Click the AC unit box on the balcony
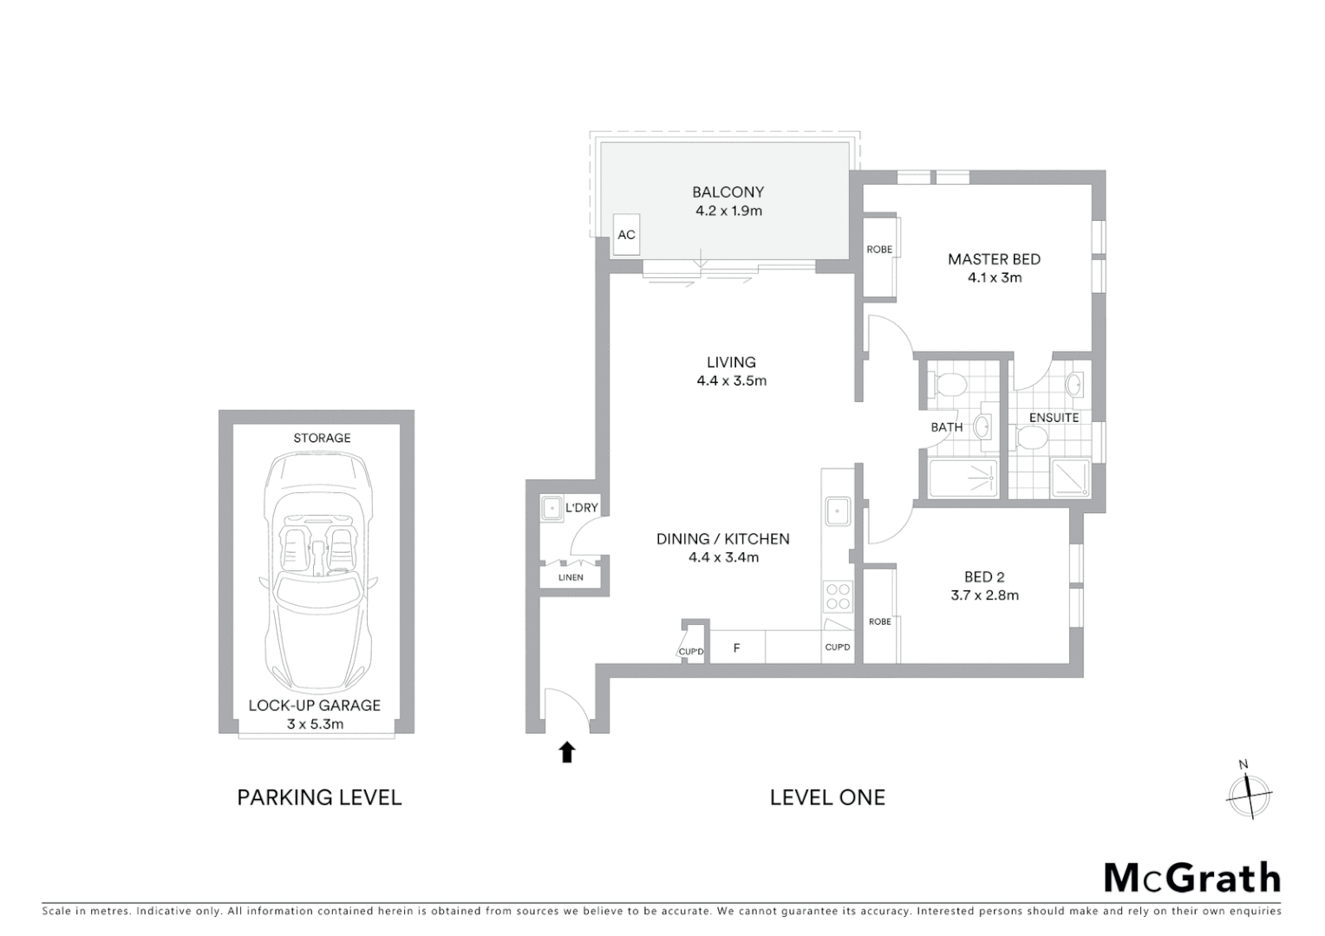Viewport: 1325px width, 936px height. point(626,235)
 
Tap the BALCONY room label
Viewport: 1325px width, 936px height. point(728,192)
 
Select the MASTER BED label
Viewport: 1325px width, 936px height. point(994,259)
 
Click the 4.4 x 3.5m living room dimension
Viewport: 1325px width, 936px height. point(731,380)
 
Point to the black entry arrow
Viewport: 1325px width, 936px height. point(567,751)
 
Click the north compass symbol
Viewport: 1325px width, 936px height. point(1249,793)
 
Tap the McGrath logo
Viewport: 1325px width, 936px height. point(1191,878)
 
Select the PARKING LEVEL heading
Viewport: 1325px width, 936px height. point(319,797)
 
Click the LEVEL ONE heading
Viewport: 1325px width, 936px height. point(827,797)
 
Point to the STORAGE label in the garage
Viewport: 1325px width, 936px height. point(322,438)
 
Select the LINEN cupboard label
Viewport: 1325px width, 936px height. point(571,577)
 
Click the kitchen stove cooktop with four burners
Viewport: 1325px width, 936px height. point(838,597)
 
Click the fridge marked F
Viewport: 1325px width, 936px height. point(737,647)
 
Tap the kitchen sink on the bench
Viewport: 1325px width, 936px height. point(838,511)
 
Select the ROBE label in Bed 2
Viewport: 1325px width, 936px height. point(879,621)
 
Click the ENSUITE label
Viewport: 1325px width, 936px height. point(1054,418)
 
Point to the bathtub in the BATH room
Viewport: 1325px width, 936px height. point(963,478)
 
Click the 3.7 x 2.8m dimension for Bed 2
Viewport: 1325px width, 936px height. point(984,595)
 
